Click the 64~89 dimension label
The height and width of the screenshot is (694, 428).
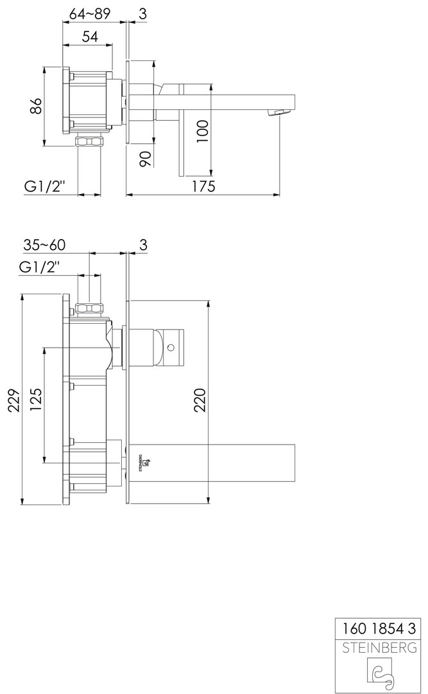click(89, 14)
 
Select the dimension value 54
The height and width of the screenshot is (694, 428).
click(90, 36)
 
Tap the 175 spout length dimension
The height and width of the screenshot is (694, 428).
click(203, 186)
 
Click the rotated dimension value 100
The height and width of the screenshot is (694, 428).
click(202, 130)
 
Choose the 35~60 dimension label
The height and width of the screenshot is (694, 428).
click(44, 245)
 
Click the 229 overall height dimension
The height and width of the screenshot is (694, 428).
click(15, 400)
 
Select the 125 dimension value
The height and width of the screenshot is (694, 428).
click(36, 400)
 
